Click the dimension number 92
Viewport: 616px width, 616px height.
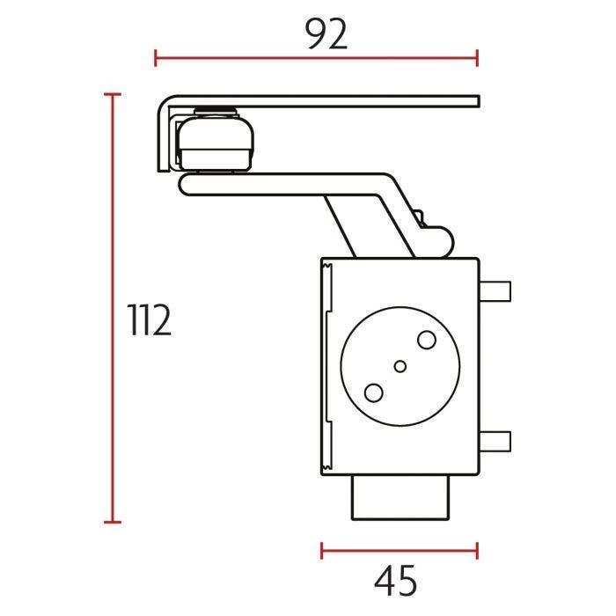tap(326, 34)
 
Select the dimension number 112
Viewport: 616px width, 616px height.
tap(150, 319)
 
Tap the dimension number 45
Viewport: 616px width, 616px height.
tap(396, 580)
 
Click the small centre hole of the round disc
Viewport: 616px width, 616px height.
tap(400, 367)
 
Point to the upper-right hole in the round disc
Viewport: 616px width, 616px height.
tap(427, 340)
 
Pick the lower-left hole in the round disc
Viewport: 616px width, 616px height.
tap(374, 392)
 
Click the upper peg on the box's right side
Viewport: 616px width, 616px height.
tap(495, 291)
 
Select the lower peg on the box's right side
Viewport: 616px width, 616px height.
tap(495, 441)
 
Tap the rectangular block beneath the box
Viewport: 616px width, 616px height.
tap(400, 498)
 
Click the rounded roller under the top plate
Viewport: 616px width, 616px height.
tap(215, 142)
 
